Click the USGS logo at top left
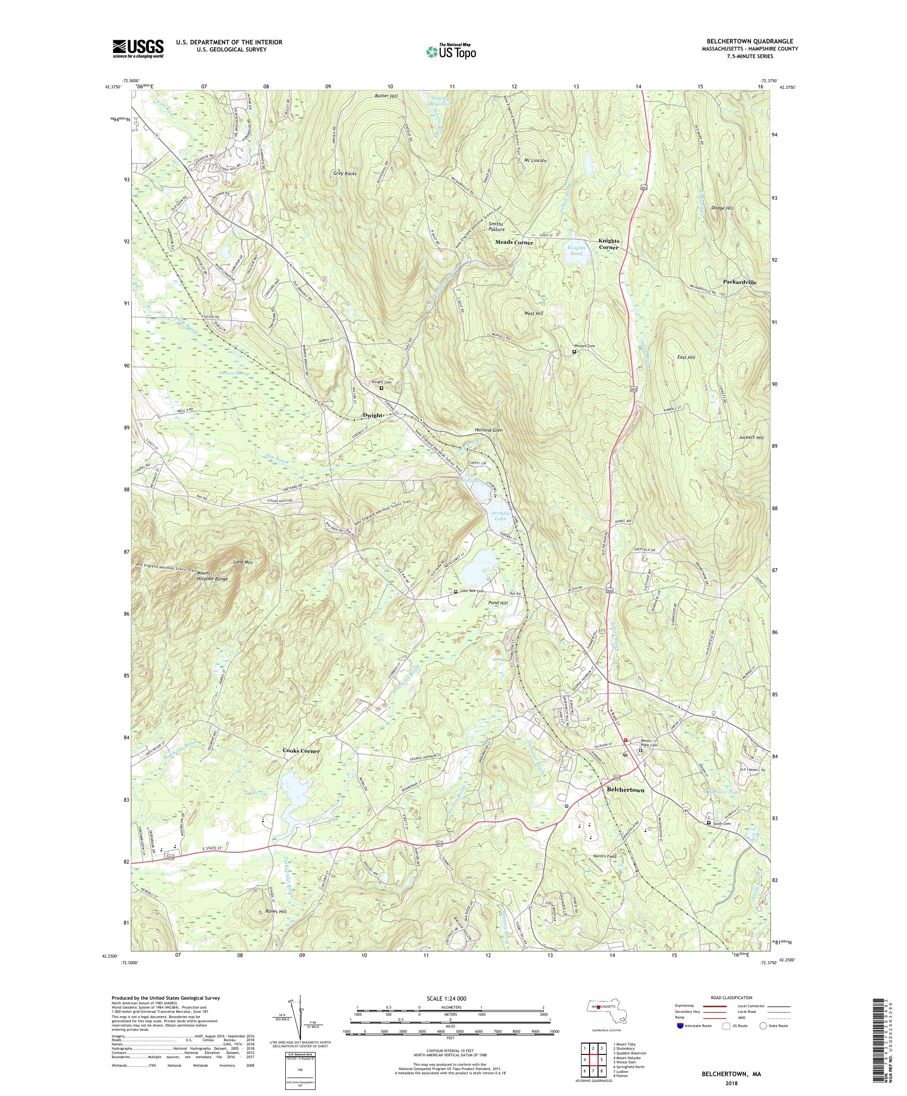coord(138,49)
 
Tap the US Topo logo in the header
coord(452,51)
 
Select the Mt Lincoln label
coord(535,161)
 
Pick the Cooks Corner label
coord(300,751)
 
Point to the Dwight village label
coord(373,415)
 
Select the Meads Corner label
coord(514,243)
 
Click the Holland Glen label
coord(488,430)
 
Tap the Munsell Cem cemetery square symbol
coord(574,352)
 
